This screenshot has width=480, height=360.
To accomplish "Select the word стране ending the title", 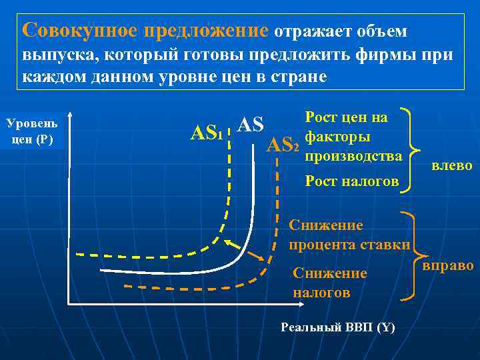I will pyautogui.click(x=297, y=76).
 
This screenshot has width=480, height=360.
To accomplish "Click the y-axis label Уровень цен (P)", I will pyautogui.click(x=31, y=131).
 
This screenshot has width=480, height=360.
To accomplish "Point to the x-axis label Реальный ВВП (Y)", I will pyautogui.click(x=338, y=327).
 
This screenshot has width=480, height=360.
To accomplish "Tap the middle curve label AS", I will pyautogui.click(x=251, y=125).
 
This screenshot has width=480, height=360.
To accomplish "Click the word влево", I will pyautogui.click(x=452, y=166).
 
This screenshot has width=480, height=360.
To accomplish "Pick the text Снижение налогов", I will pyautogui.click(x=330, y=283).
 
